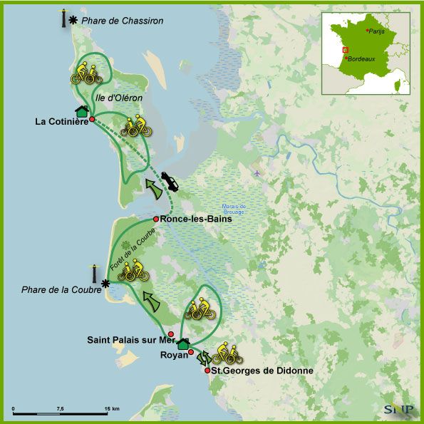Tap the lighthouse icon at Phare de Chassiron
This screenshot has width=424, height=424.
[x=63, y=18]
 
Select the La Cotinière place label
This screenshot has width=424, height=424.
[x=61, y=121]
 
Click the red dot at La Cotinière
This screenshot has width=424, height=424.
[x=92, y=120]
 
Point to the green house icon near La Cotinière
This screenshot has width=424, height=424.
[x=82, y=110]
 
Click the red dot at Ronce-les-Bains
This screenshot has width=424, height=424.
[x=156, y=219]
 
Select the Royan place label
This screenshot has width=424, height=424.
[x=174, y=354]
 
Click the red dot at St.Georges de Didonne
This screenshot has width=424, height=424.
[x=207, y=371]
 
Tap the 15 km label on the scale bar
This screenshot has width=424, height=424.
[x=111, y=408]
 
